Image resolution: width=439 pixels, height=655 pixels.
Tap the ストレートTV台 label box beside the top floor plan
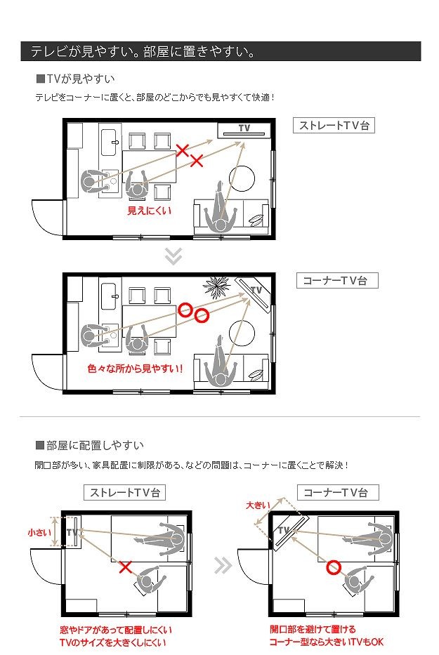pyautogui.click(x=334, y=126)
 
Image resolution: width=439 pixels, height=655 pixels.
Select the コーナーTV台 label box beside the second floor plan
pyautogui.click(x=337, y=281)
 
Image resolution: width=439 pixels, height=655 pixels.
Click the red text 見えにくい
pyautogui.click(x=149, y=211)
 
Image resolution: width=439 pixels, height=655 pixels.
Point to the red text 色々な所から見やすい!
pyautogui.click(x=136, y=369)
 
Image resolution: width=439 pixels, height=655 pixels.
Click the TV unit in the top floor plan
pyautogui.click(x=244, y=131)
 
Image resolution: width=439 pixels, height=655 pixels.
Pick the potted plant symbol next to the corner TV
pyautogui.click(x=216, y=286)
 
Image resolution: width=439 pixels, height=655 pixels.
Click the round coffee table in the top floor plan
pyautogui.click(x=242, y=178)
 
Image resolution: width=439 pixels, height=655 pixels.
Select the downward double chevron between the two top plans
pyautogui.click(x=173, y=256)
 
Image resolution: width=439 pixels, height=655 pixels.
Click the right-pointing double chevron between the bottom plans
pyautogui.click(x=223, y=566)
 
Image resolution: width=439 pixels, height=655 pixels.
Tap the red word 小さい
pyautogui.click(x=39, y=532)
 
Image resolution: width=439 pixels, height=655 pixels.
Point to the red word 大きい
pyautogui.click(x=258, y=505)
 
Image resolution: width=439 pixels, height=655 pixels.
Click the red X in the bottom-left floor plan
pyautogui.click(x=126, y=567)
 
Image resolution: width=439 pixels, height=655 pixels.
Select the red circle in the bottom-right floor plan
pyautogui.click(x=334, y=567)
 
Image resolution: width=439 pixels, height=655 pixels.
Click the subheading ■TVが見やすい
pyautogui.click(x=76, y=79)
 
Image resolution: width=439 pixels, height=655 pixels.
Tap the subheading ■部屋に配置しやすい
pyautogui.click(x=90, y=445)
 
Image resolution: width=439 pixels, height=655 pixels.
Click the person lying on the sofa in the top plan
pyautogui.click(x=221, y=207)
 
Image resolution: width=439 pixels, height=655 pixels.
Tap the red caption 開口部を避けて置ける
pyautogui.click(x=313, y=629)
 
